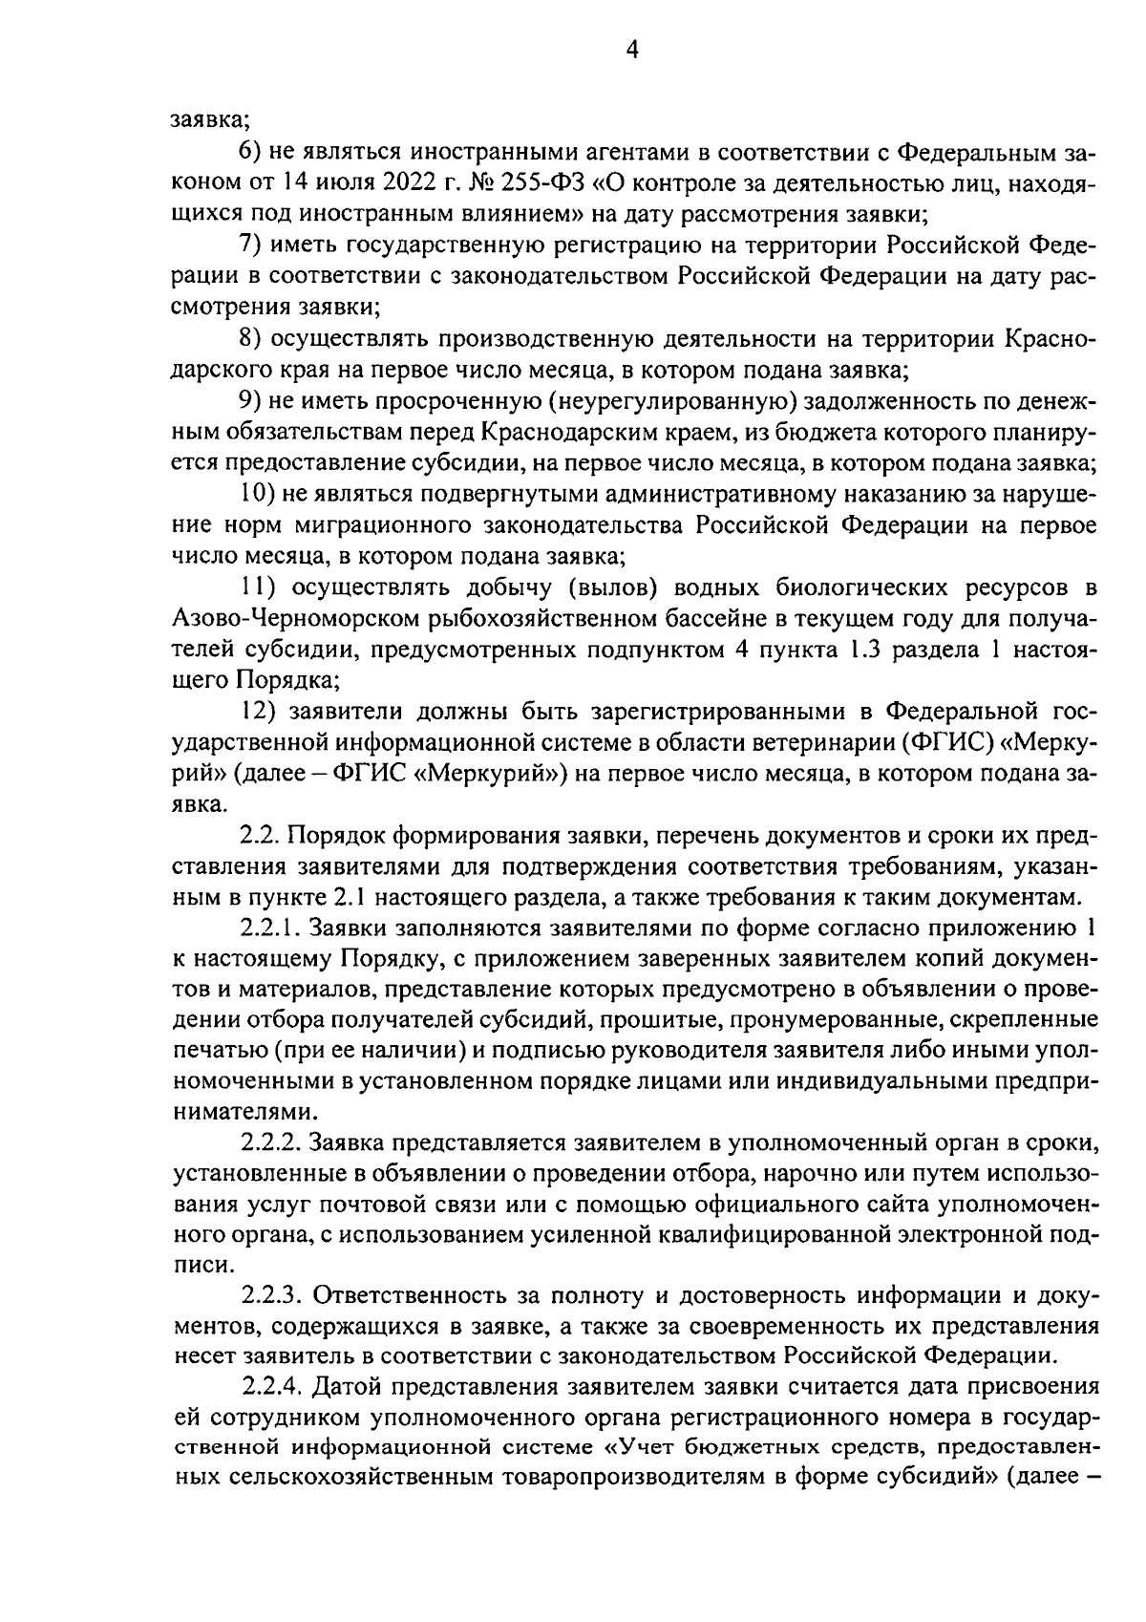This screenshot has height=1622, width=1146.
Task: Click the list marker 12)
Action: click(x=256, y=712)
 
